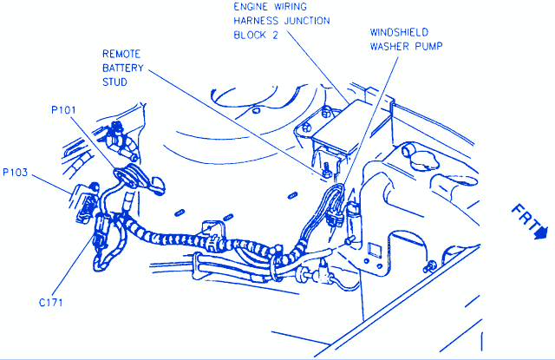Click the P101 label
pyautogui.click(x=63, y=110)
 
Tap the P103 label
pyautogui.click(x=16, y=173)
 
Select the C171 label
pyautogui.click(x=51, y=303)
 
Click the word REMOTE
pyautogui.click(x=121, y=54)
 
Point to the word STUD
pyautogui.click(x=114, y=82)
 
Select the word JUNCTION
pyautogui.click(x=307, y=21)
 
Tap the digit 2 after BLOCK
pyautogui.click(x=275, y=35)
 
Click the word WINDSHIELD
pyautogui.click(x=399, y=32)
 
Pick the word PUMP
pyautogui.click(x=428, y=46)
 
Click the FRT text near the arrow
pyautogui.click(x=526, y=217)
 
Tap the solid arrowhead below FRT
pyautogui.click(x=541, y=232)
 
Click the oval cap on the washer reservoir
pyautogui.click(x=424, y=161)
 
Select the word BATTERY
pyautogui.click(x=123, y=68)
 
